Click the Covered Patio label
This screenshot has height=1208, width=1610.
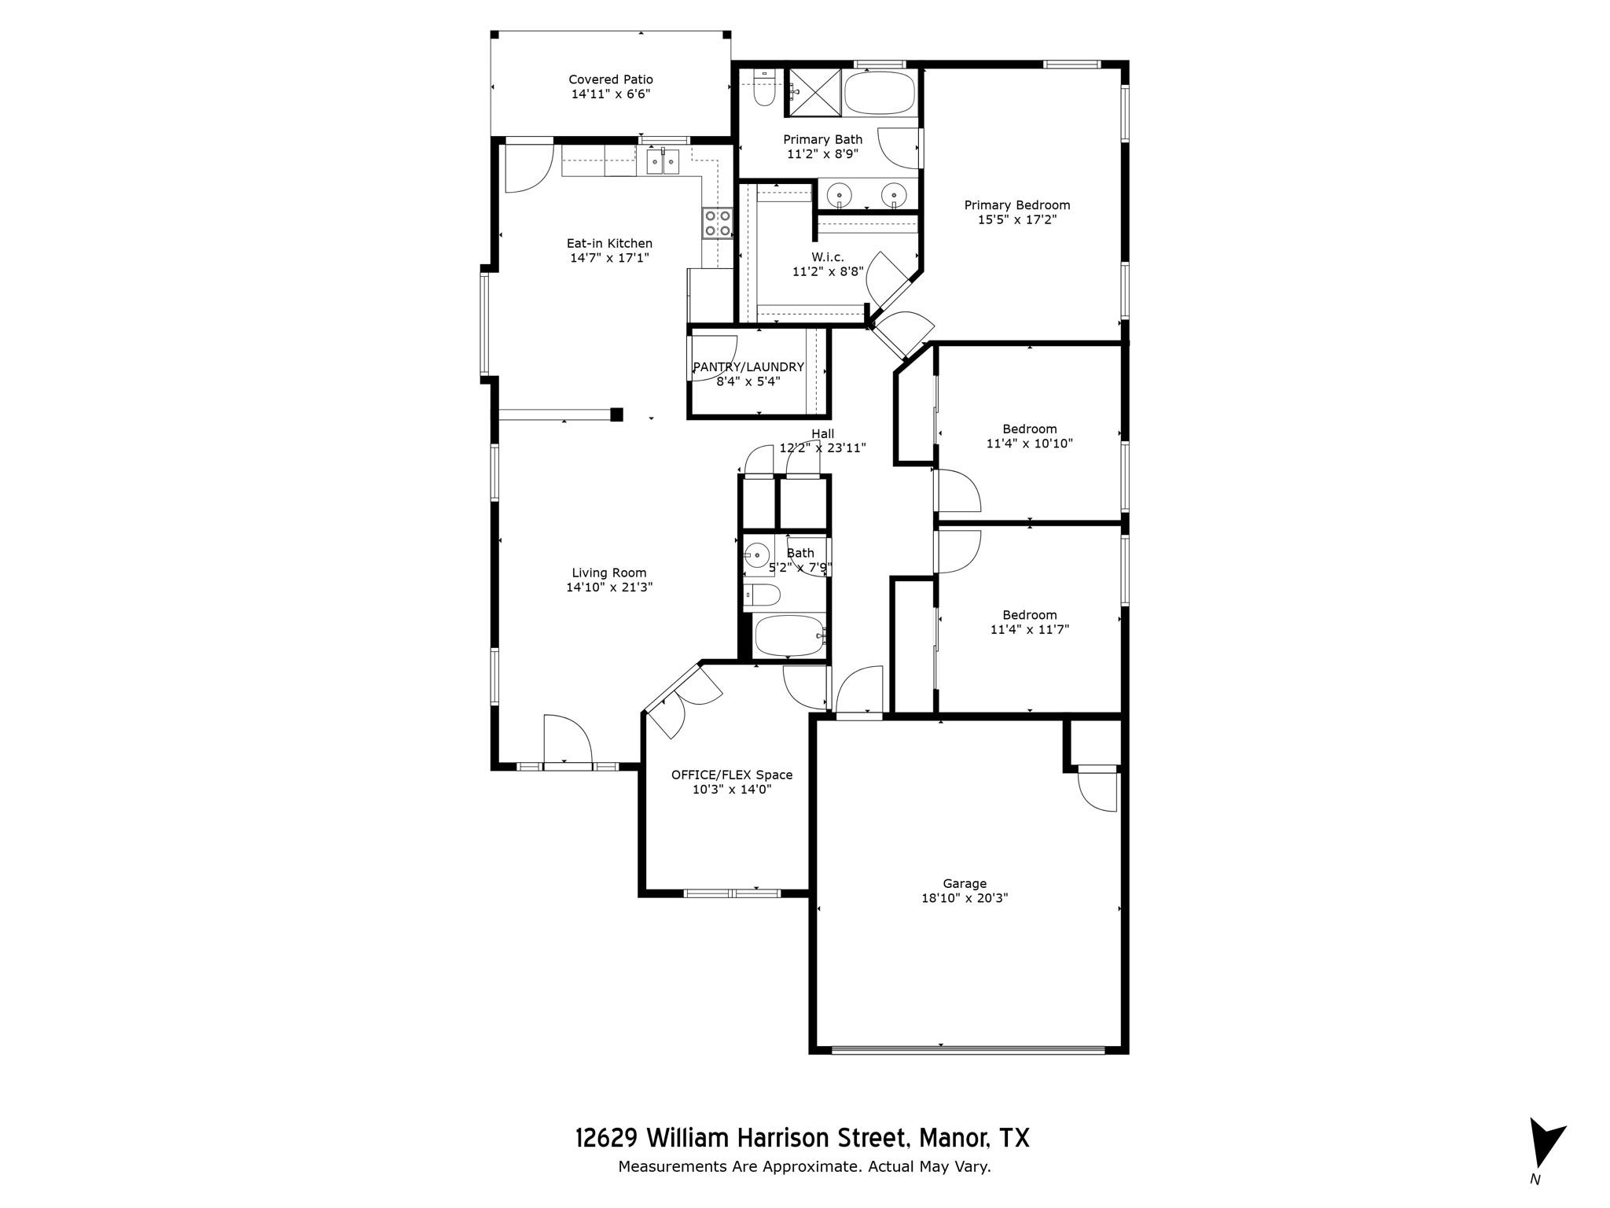[611, 79]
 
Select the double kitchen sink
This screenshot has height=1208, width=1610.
[663, 161]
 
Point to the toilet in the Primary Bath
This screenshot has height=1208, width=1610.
[763, 88]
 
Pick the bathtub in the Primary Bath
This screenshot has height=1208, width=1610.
[880, 94]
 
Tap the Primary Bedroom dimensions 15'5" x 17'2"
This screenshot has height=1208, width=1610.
[1017, 220]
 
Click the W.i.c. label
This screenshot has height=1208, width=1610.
[828, 257]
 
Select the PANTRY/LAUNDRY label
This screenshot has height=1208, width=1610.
[748, 367]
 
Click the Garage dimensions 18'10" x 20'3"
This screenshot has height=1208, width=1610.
[965, 898]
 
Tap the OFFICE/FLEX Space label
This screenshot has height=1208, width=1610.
[732, 775]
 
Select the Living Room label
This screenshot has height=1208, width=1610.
[609, 573]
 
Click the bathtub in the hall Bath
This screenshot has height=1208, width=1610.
[788, 635]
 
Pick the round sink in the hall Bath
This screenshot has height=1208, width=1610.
[757, 554]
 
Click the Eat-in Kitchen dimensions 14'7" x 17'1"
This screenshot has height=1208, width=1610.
[609, 258]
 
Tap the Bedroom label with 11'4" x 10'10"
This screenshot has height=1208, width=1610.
[1029, 429]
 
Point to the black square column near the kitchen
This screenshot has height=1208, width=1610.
[617, 414]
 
